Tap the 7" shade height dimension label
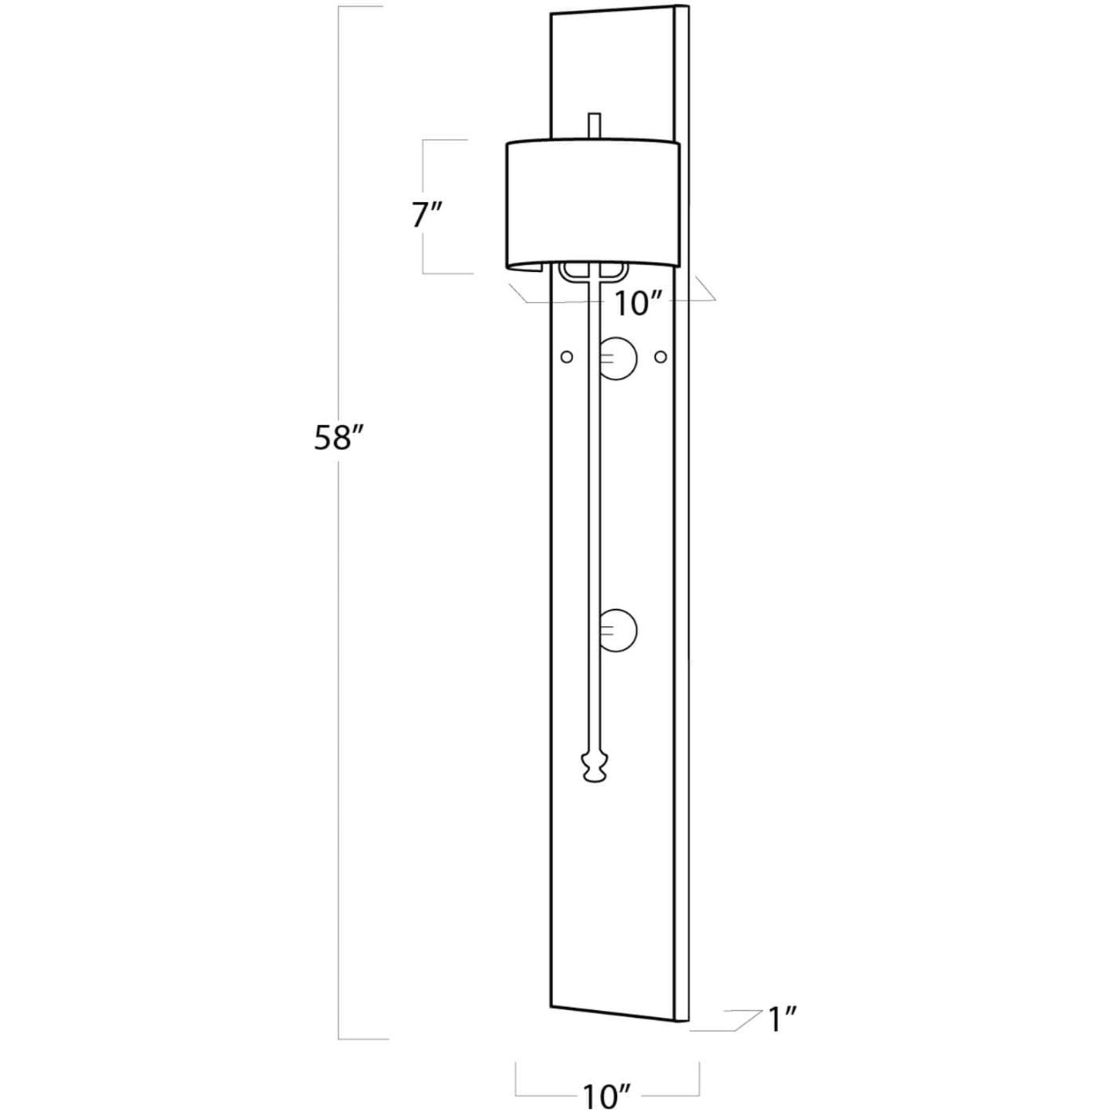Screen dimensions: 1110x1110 [427, 216]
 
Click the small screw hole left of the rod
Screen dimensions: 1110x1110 [567, 357]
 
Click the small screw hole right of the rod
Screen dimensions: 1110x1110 [661, 357]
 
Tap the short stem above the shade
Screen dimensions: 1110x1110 [595, 126]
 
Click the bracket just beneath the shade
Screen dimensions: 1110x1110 [593, 272]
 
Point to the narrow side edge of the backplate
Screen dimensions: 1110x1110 [682, 522]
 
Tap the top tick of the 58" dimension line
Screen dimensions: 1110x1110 [360, 6]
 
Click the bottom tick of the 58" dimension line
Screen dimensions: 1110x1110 [363, 1055]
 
